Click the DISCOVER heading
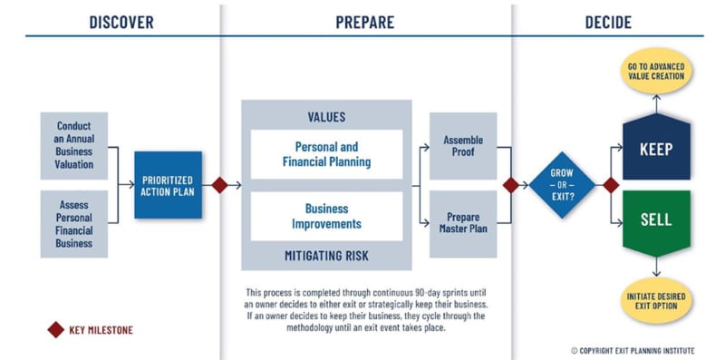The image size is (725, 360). [121, 21]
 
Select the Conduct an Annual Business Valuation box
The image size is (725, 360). [74, 145]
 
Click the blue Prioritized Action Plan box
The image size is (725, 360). [169, 185]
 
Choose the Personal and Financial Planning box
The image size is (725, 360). [326, 154]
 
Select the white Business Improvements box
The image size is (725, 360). [326, 216]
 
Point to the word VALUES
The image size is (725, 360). [326, 117]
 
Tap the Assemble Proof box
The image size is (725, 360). [463, 145]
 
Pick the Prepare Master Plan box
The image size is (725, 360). [463, 223]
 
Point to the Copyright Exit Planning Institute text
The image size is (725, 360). [635, 350]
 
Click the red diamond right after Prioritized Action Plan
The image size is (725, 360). [218, 185]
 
